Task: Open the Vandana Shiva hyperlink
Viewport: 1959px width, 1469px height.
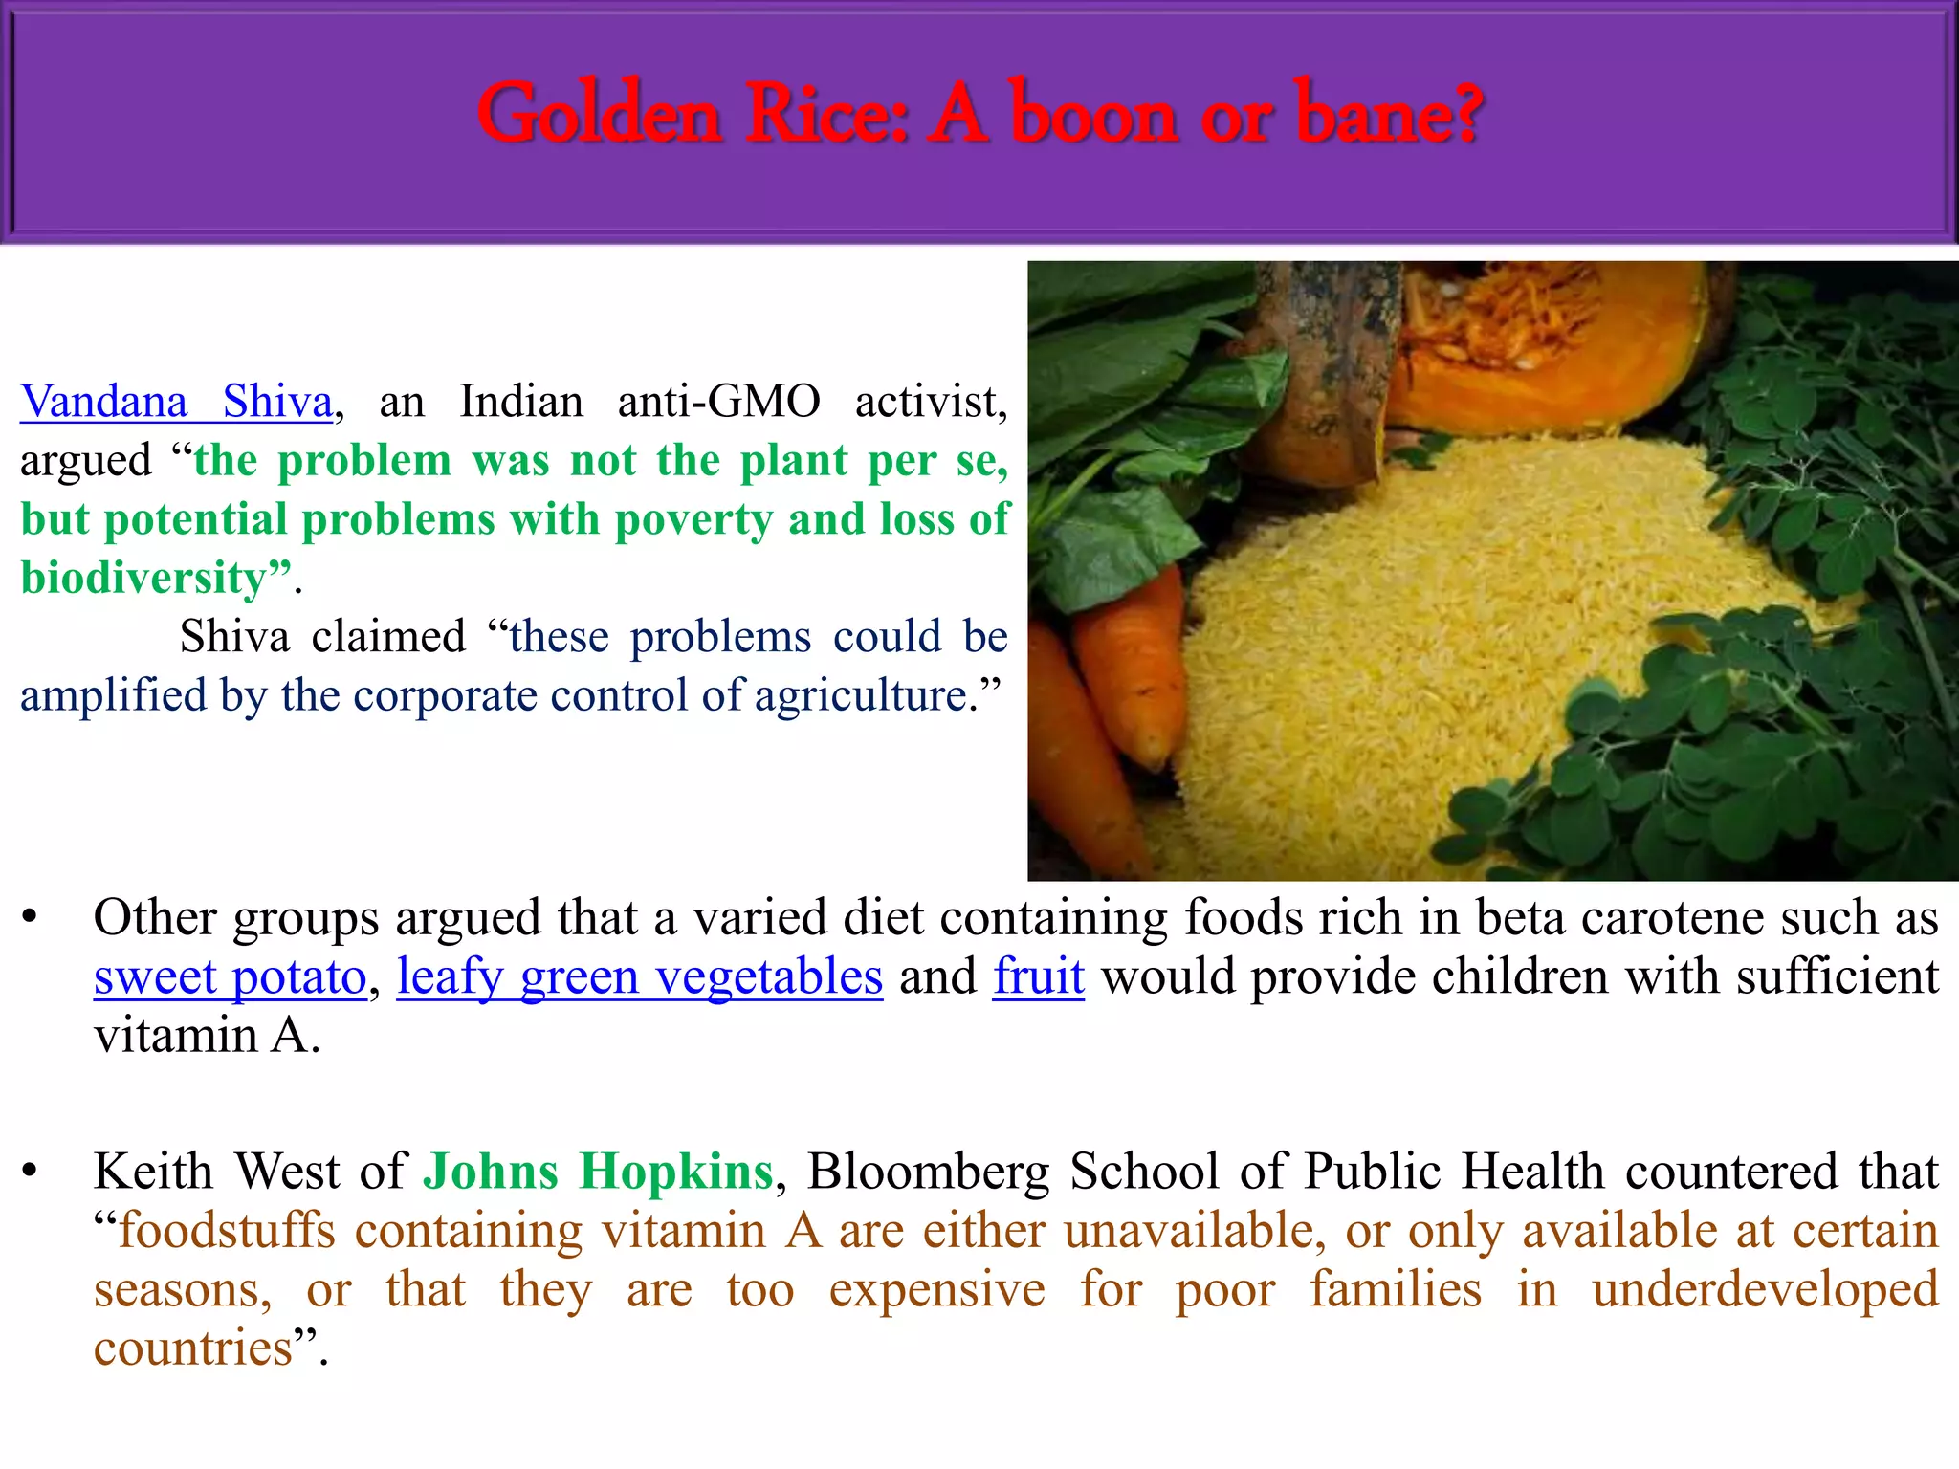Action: [177, 402]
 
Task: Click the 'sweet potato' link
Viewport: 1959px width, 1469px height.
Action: [230, 977]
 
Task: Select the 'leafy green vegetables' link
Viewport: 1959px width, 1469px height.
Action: [639, 977]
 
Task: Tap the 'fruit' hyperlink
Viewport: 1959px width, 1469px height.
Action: [1038, 977]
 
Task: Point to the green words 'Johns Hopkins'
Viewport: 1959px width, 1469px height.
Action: [598, 1172]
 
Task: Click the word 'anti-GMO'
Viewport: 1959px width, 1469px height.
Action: [718, 402]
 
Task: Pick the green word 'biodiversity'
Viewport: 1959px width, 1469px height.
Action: [143, 579]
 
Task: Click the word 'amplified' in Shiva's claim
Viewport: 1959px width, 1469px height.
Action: [113, 695]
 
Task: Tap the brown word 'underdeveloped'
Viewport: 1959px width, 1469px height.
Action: [1765, 1290]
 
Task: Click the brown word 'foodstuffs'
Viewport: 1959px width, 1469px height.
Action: [227, 1231]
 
